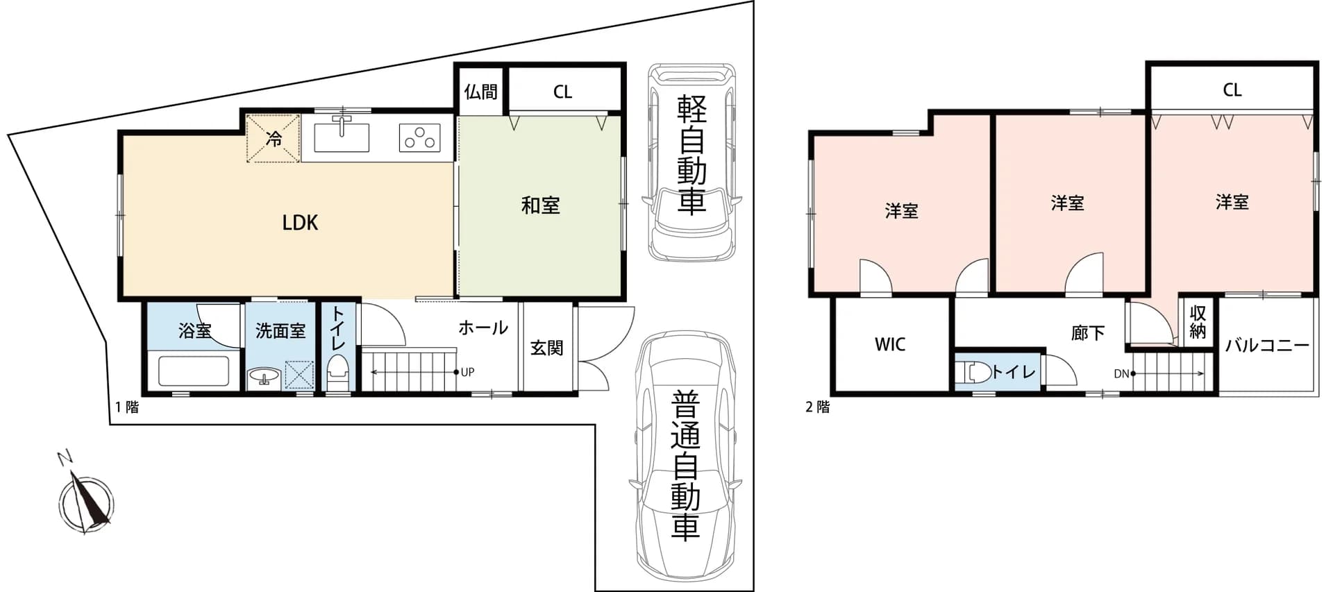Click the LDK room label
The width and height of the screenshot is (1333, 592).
click(300, 223)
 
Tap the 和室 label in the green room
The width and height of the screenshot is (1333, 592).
click(540, 205)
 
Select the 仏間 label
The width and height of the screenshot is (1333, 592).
click(480, 92)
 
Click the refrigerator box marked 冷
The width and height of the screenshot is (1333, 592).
click(274, 139)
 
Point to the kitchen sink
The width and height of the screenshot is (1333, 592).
click(341, 136)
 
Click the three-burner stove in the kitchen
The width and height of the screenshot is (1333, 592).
click(420, 137)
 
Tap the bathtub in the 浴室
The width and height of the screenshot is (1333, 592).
click(194, 371)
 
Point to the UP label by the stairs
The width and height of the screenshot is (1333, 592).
click(467, 372)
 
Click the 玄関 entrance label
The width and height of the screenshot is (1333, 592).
click(546, 347)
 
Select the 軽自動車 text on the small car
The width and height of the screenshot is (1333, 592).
click(691, 154)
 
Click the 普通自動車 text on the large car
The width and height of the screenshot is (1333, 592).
click(685, 466)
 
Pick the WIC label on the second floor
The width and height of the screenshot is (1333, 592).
click(890, 344)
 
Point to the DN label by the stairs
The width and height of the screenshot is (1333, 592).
click(1121, 373)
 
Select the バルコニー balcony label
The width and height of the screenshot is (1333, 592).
click(1267, 345)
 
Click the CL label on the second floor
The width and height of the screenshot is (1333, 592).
click(1232, 90)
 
